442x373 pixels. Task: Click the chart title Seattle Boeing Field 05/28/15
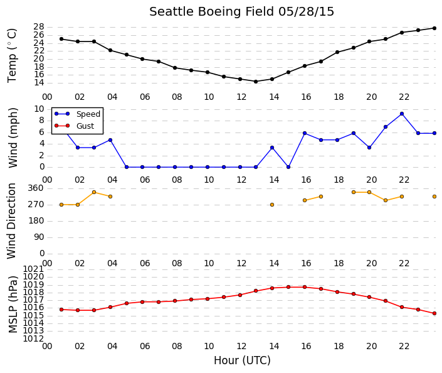click(241, 12)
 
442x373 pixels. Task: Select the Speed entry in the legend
click(88, 114)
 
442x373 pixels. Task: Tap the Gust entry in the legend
click(85, 126)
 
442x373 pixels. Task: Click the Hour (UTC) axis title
click(242, 360)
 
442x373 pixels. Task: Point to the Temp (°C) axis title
click(12, 56)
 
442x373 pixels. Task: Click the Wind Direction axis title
click(11, 221)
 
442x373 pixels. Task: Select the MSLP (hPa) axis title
click(13, 305)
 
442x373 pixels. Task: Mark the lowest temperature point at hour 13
click(256, 82)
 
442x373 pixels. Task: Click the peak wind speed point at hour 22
click(402, 114)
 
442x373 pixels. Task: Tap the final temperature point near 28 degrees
click(434, 28)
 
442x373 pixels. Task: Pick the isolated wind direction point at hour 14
click(272, 205)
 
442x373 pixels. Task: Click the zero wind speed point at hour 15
click(288, 167)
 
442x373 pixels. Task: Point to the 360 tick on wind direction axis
click(36, 188)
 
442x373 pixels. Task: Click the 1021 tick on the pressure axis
click(33, 269)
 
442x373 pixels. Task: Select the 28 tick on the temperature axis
click(39, 27)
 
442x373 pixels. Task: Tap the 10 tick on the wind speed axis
click(39, 109)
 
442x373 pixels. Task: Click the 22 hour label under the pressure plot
click(404, 346)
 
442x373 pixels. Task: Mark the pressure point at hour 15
click(288, 287)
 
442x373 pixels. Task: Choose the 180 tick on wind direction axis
click(36, 221)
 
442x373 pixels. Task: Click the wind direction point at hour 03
click(94, 192)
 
